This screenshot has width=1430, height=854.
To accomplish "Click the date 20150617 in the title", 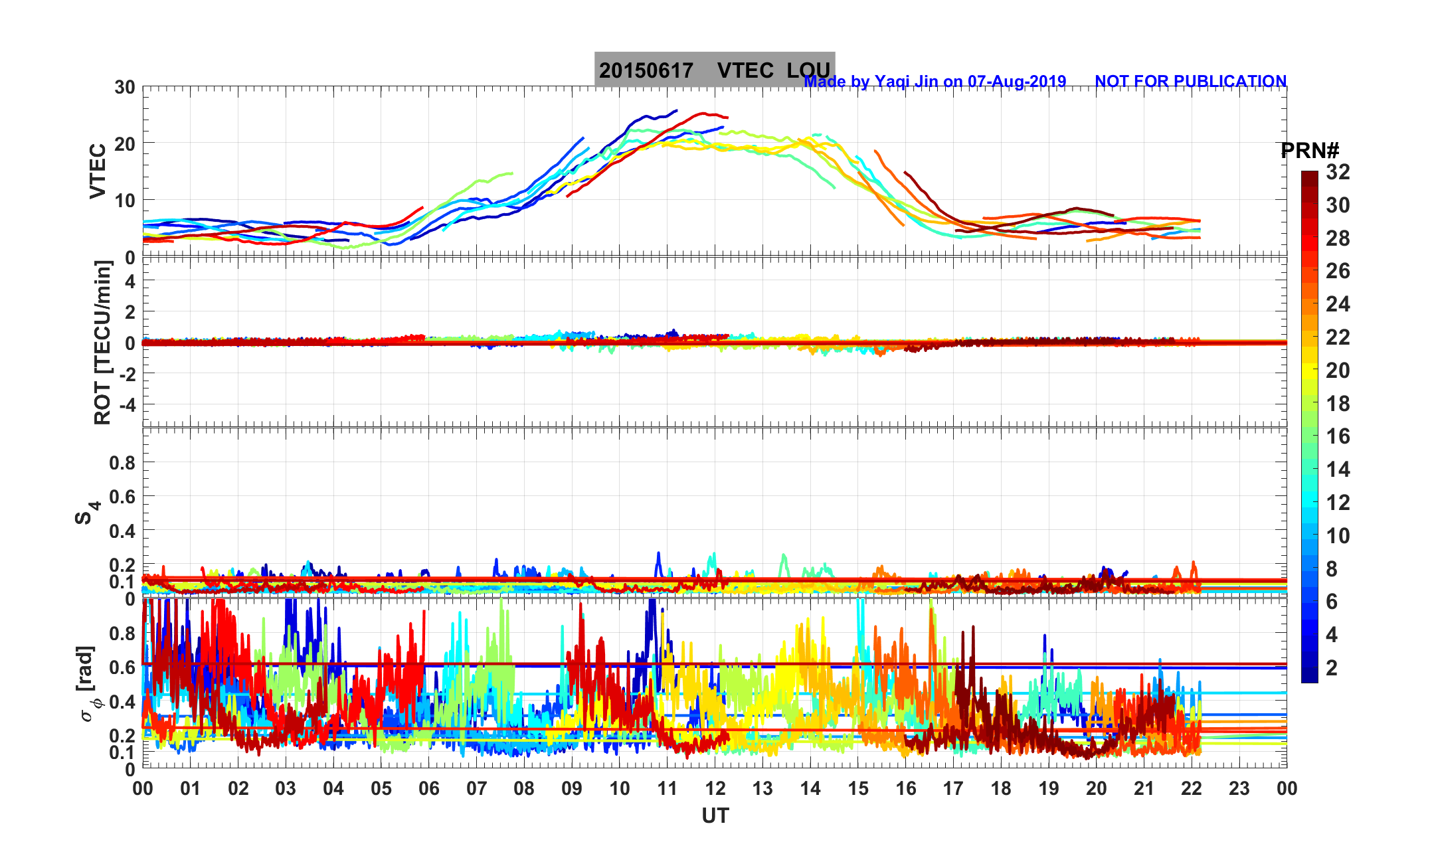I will (646, 70).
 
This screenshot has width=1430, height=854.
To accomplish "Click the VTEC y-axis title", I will (98, 171).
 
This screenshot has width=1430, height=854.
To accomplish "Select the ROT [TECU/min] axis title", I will (102, 343).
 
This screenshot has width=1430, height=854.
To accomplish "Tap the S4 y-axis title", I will (86, 512).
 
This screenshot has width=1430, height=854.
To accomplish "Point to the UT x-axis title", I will (715, 815).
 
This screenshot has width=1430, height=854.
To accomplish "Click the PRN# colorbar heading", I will (1310, 151).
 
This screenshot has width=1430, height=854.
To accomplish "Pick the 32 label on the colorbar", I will (1338, 172).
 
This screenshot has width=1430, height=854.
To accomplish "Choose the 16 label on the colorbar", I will (1338, 436).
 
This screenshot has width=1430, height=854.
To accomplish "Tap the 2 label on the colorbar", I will (1331, 667).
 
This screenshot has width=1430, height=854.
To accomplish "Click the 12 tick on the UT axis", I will (715, 788).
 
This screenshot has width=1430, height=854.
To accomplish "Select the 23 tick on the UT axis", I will (1239, 788).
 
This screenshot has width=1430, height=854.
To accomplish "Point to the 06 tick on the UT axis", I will (429, 788).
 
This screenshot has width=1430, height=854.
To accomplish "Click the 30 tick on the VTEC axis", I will (124, 87).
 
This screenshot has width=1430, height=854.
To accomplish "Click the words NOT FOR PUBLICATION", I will (1190, 81).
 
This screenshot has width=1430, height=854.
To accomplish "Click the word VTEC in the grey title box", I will (745, 70).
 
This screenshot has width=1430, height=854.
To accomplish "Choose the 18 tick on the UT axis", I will (1001, 788).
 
